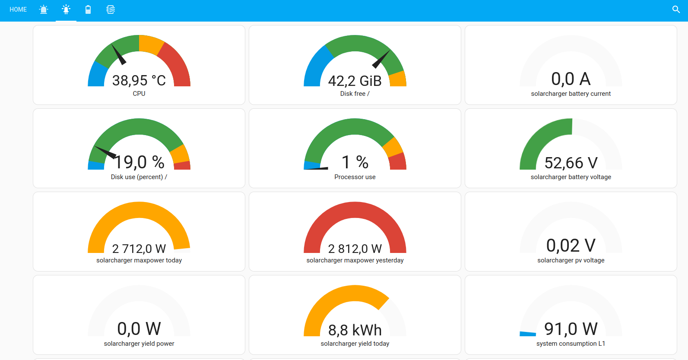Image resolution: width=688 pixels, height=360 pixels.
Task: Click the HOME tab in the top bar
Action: pos(18,9)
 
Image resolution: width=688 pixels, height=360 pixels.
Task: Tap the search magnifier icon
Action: pos(676,9)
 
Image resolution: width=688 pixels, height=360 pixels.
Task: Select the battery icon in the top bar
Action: pos(88,9)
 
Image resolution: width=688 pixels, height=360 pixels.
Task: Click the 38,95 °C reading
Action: pos(139,80)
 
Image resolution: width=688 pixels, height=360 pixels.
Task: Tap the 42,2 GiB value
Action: pos(355,81)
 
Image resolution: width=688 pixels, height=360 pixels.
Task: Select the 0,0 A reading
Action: pos(571,79)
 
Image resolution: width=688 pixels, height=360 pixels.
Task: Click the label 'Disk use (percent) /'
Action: pos(139,177)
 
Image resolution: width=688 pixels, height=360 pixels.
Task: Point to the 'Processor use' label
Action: pos(355,177)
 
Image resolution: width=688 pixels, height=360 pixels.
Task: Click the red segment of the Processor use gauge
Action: pos(398,161)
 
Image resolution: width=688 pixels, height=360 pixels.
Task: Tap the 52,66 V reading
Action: pos(571,163)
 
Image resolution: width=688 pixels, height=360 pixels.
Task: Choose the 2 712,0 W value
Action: pos(139,249)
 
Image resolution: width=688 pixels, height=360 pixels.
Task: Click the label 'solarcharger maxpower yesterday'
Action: pos(355,260)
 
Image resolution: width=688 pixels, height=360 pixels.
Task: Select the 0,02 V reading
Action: pos(571,246)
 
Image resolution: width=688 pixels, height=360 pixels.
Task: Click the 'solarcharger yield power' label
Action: pos(139,344)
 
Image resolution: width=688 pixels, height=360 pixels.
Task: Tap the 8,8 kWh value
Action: pos(355,330)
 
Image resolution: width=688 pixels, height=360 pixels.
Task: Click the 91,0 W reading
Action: pos(571,329)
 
